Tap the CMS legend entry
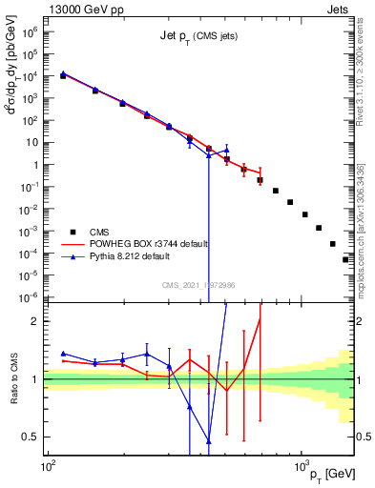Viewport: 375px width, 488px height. (x=100, y=231)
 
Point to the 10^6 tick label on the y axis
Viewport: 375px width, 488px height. (x=29, y=31)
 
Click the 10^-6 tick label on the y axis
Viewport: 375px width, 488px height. (x=29, y=296)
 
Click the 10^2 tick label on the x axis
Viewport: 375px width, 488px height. (x=46, y=466)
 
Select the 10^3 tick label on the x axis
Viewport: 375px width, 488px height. (x=301, y=466)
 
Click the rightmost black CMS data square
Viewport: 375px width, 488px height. (x=345, y=259)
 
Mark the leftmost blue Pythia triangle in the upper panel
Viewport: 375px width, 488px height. (x=63, y=72)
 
